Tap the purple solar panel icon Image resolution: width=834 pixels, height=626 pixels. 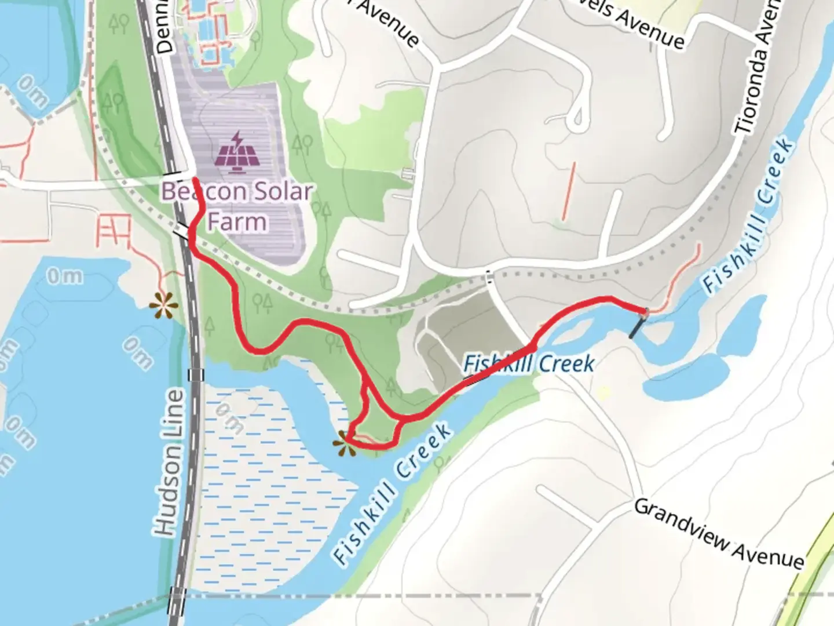236,154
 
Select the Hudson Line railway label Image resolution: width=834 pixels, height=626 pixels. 170,463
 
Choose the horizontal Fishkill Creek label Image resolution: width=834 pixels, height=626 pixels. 529,364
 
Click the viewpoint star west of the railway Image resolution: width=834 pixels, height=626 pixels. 163,304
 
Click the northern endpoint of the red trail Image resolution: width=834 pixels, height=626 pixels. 194,180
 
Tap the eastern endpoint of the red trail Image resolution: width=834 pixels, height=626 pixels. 645,312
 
